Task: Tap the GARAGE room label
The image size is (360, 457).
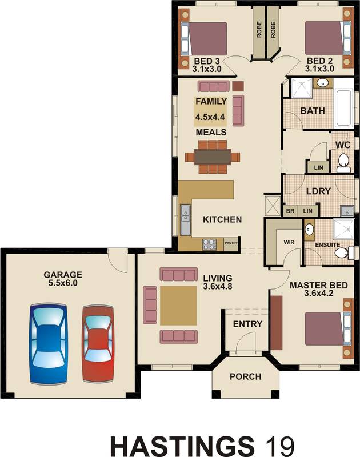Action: tap(63, 274)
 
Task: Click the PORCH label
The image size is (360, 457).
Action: tap(245, 376)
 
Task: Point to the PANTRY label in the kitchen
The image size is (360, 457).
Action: tap(231, 242)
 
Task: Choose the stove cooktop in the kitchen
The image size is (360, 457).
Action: tap(209, 244)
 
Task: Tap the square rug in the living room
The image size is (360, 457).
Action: tap(178, 306)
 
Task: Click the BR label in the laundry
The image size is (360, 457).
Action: tap(290, 211)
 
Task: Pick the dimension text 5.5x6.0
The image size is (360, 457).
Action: tap(63, 283)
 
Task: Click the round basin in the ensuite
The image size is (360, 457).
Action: tap(309, 230)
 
